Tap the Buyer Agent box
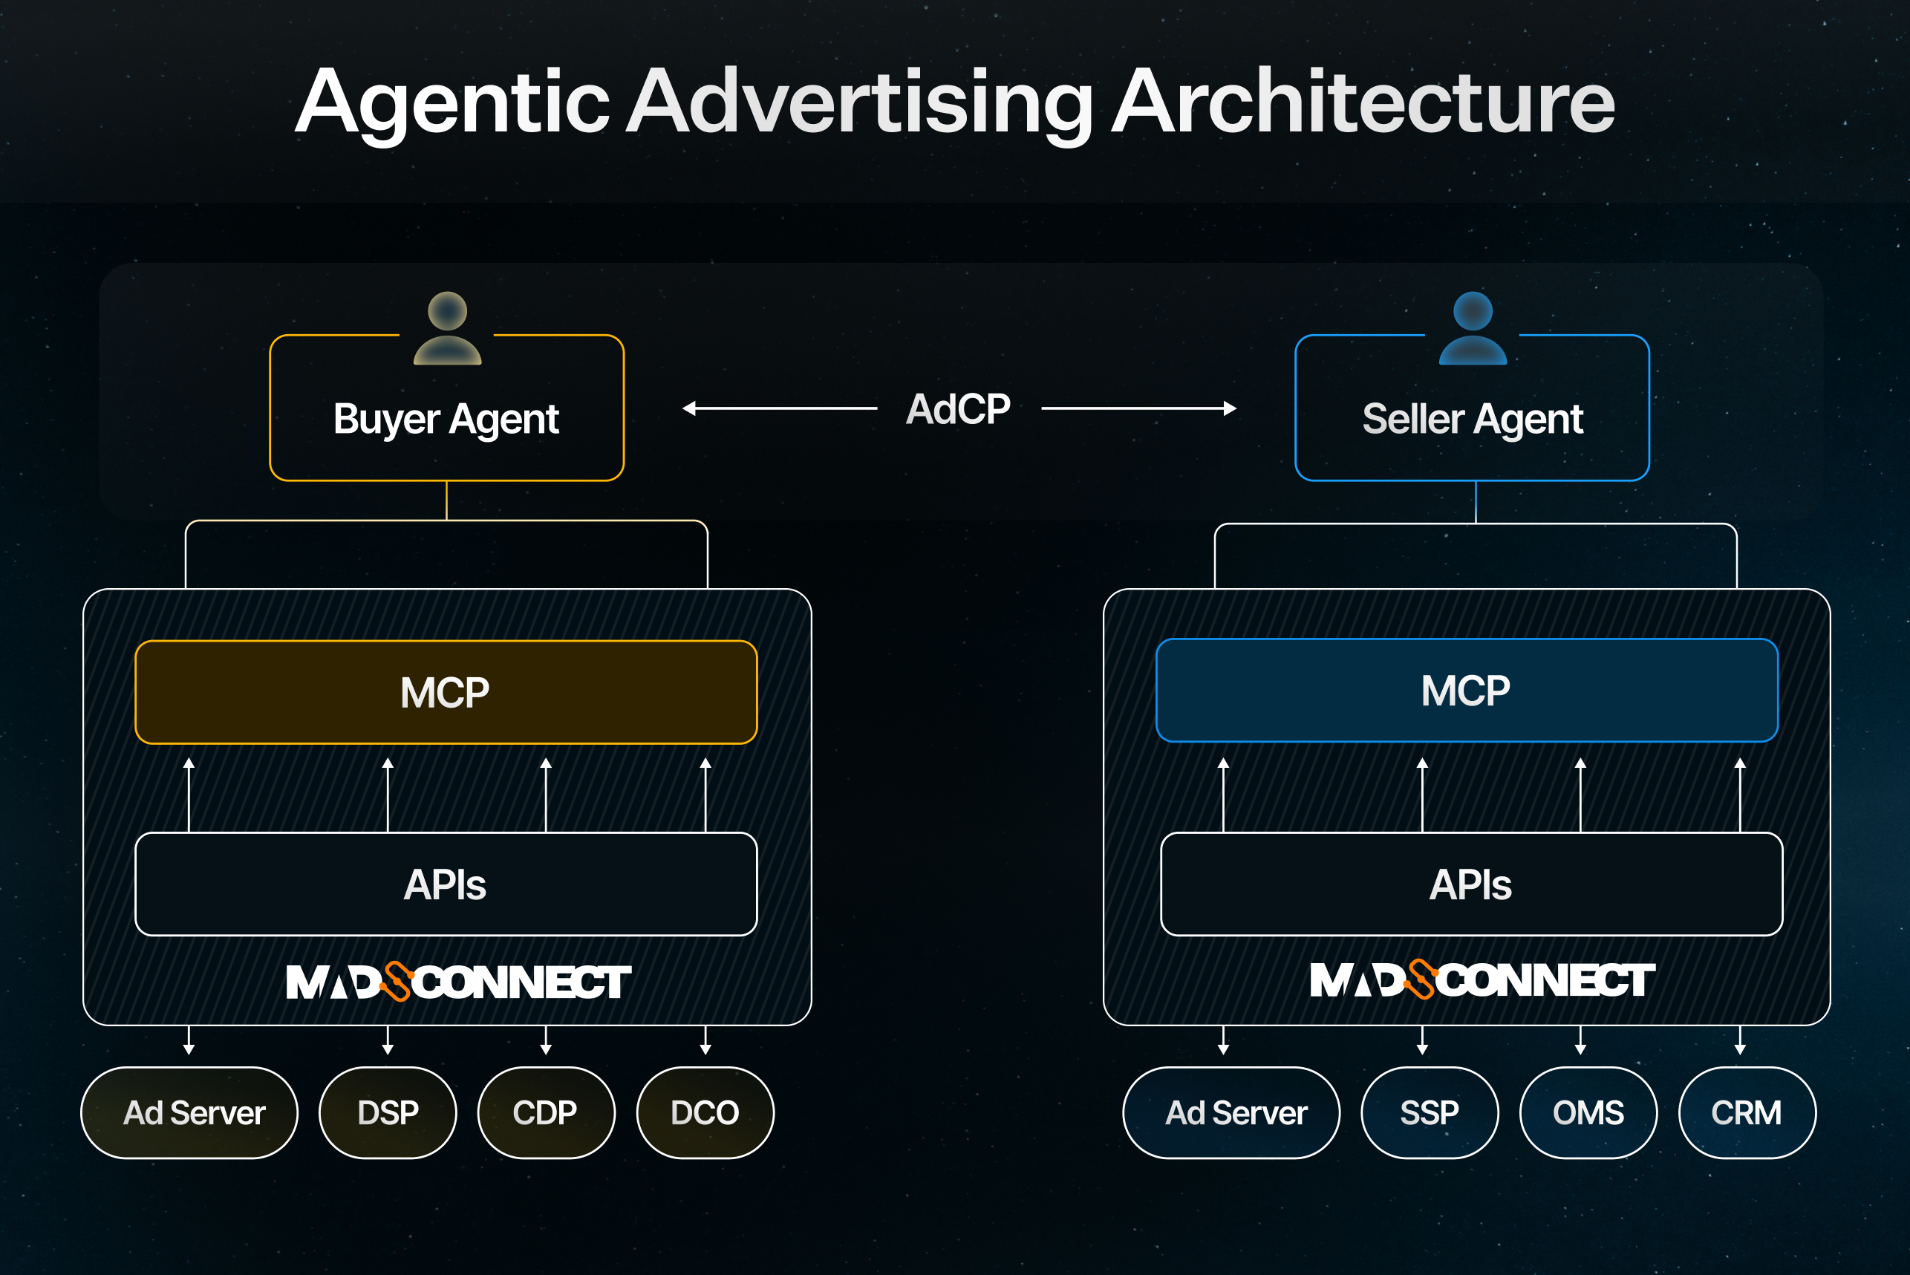coord(446,418)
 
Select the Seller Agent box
coord(1472,418)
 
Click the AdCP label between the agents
coord(958,408)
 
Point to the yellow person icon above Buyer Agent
coord(447,327)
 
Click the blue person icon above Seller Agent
coord(1473,327)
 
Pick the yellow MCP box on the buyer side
coord(446,692)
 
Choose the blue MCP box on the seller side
coord(1466,691)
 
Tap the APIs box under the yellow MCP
coord(446,884)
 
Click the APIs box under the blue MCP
coord(1471,884)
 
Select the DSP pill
coord(388,1112)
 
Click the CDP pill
coord(546,1112)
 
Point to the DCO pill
coord(705,1112)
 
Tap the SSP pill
coord(1430,1112)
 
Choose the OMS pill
coord(1588,1112)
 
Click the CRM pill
coord(1747,1112)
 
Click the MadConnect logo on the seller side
coord(1482,980)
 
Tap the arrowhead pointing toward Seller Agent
coord(1231,408)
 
